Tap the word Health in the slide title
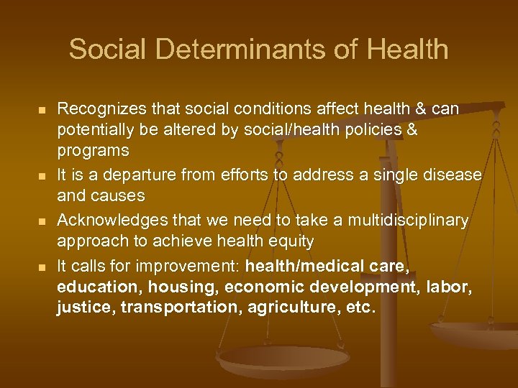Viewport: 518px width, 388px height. (x=407, y=50)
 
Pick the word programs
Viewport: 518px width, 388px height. (x=94, y=152)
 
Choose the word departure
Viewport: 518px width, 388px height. (x=130, y=175)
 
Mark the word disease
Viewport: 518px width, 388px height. (x=455, y=175)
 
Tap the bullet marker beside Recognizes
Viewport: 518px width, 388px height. (x=42, y=109)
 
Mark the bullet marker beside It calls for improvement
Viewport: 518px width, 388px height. (x=42, y=267)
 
